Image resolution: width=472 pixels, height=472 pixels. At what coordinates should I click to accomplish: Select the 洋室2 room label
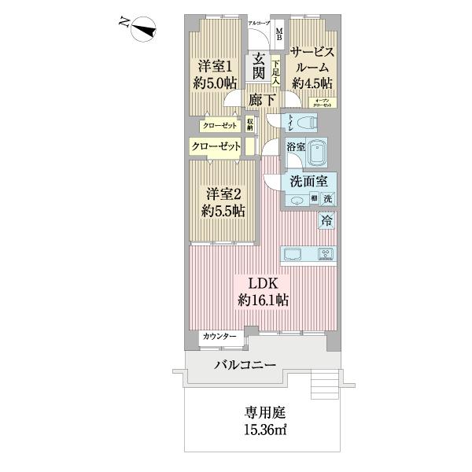pos(223,202)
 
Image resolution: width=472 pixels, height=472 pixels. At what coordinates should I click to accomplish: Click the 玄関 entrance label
pos(258,68)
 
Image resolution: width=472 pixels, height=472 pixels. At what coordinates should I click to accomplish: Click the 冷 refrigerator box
pos(326,222)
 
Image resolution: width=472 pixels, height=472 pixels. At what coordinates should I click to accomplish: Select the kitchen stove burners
pos(326,253)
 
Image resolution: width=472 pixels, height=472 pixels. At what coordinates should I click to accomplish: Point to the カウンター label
pos(219,337)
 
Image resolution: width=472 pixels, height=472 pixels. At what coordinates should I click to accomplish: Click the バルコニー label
pos(245,366)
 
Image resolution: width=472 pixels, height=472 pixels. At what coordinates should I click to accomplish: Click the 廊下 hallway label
pos(261,100)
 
